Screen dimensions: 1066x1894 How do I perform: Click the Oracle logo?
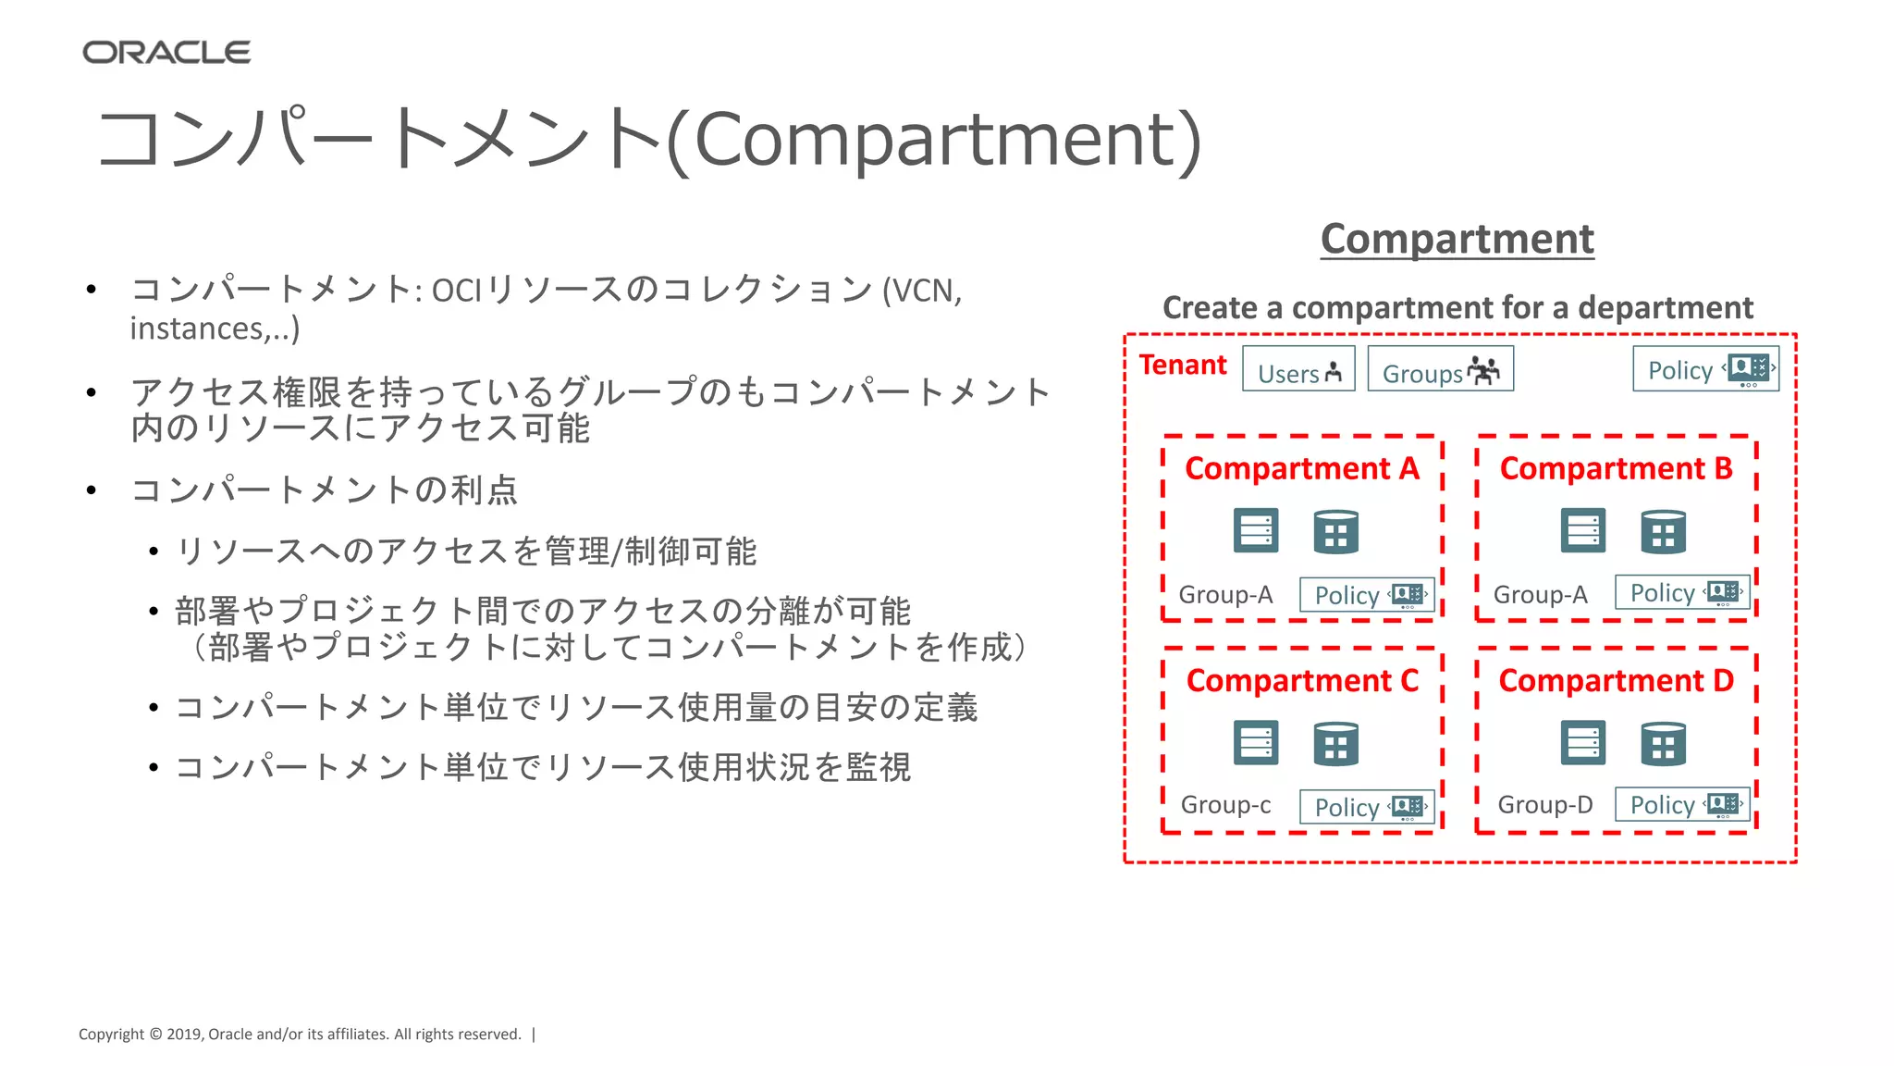(x=166, y=53)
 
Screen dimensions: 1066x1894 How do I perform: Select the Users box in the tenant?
(x=1298, y=369)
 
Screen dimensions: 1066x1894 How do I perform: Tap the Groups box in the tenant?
(x=1440, y=369)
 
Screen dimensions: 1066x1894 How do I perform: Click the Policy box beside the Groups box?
(x=1705, y=369)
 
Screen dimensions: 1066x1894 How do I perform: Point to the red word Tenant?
(x=1182, y=365)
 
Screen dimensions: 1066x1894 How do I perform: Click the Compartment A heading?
(x=1301, y=469)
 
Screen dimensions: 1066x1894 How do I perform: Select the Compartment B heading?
(x=1616, y=469)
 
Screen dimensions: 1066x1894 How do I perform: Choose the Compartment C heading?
(x=1301, y=681)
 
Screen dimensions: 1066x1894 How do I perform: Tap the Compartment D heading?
(x=1616, y=681)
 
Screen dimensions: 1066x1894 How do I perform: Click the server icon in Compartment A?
(x=1256, y=531)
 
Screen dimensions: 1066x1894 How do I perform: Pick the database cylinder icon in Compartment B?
(x=1663, y=531)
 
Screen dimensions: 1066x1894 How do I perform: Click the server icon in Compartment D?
(x=1582, y=743)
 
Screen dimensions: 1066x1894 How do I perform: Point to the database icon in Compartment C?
(x=1335, y=743)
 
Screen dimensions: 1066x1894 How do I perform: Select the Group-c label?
(x=1225, y=805)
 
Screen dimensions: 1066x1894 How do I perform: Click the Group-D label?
(x=1544, y=805)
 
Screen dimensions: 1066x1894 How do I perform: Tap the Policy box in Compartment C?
(x=1367, y=807)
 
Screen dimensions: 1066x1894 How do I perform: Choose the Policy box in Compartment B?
(x=1682, y=592)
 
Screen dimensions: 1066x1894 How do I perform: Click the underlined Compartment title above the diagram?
(x=1457, y=239)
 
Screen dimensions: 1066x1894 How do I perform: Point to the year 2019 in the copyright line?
(x=184, y=1035)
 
